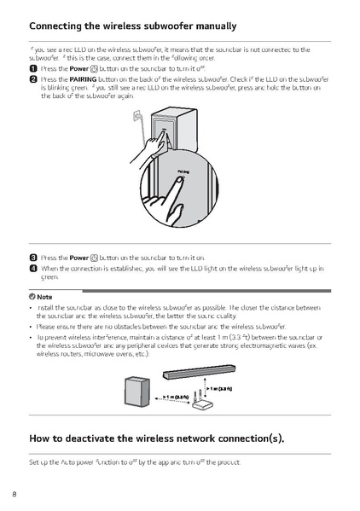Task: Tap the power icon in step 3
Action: pyautogui.click(x=96, y=257)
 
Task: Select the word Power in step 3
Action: pyautogui.click(x=78, y=257)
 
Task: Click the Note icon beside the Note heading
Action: pyautogui.click(x=32, y=295)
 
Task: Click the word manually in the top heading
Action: pyautogui.click(x=208, y=26)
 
